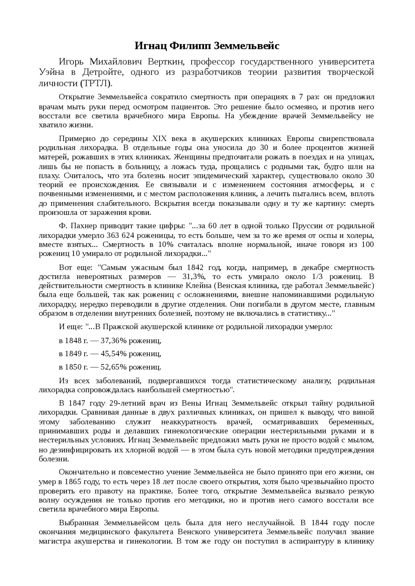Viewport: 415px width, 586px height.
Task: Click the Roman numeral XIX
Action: (159, 139)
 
